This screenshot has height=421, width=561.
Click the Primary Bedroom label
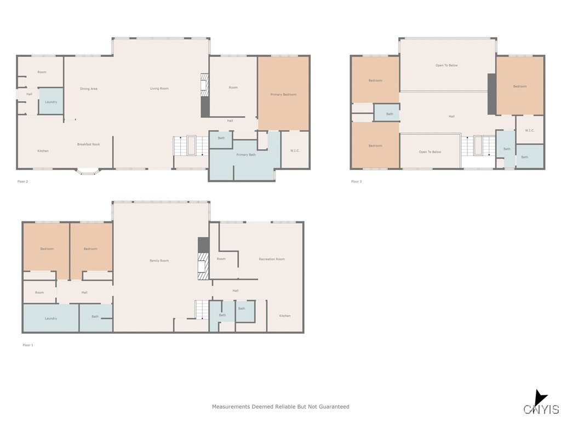[x=283, y=95]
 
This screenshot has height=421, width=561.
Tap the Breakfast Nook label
[x=88, y=144]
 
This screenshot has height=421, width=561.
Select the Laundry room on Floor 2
[x=51, y=102]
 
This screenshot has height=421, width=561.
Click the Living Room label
[x=159, y=88]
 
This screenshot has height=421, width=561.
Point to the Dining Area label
[x=89, y=89]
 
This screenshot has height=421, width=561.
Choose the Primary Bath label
[x=246, y=155]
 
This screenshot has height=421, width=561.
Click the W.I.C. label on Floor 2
[x=295, y=151]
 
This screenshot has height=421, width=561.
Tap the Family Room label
[x=159, y=260]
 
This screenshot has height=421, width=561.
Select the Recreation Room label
[x=272, y=259]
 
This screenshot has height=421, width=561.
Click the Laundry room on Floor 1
[x=51, y=318]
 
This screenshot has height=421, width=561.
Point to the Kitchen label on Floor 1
[x=285, y=316]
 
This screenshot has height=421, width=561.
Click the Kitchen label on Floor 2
[x=43, y=151]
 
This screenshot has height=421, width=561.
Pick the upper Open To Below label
[x=446, y=65]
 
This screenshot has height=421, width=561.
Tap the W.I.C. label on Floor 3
[x=529, y=130]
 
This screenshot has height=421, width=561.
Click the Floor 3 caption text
[x=356, y=181]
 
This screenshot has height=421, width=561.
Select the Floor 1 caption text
[x=28, y=345]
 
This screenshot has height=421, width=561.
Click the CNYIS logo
[x=541, y=405]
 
